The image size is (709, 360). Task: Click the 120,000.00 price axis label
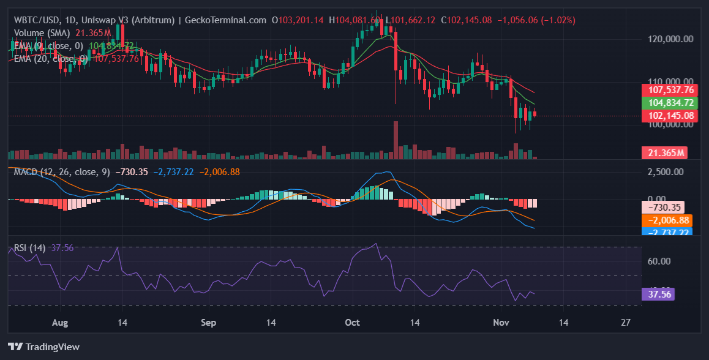(x=670, y=39)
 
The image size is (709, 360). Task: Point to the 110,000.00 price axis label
(x=670, y=81)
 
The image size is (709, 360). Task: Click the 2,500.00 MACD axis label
(x=670, y=171)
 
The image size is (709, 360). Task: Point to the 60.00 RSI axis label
(x=659, y=261)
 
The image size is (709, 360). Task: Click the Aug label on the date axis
(x=59, y=322)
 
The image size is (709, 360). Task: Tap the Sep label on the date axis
(x=209, y=322)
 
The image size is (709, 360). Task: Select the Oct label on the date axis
(x=352, y=322)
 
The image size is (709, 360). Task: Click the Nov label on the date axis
(x=501, y=322)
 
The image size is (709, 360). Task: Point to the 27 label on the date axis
(x=625, y=322)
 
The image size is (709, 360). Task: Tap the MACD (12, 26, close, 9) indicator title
(x=61, y=172)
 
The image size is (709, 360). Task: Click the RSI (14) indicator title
(x=28, y=248)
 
